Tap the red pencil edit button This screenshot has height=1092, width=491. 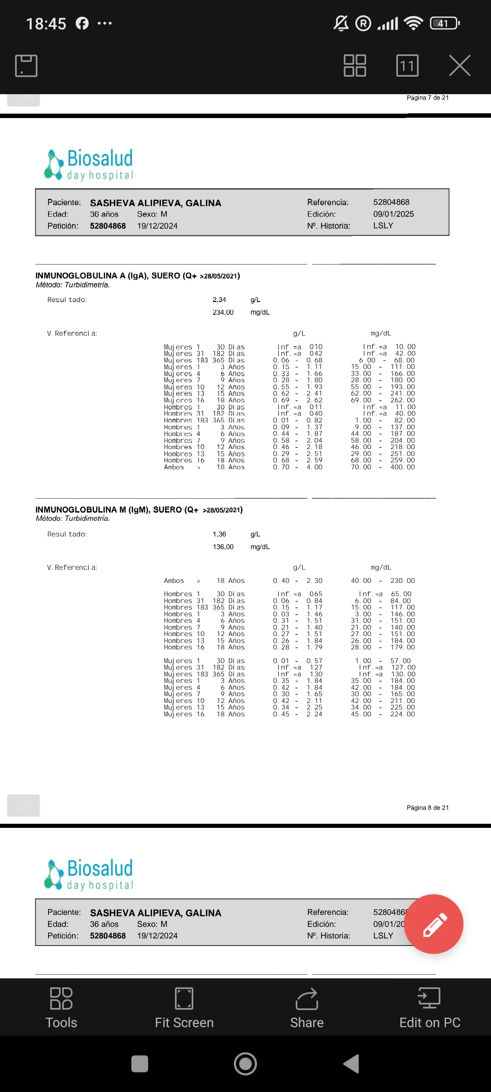click(433, 924)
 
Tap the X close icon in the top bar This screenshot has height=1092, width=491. click(460, 66)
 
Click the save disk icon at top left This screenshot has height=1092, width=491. click(26, 66)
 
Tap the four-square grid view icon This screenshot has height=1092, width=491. click(355, 66)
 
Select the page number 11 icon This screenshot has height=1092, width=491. click(407, 66)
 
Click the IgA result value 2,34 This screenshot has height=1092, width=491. click(219, 300)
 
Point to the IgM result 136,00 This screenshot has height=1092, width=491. click(223, 547)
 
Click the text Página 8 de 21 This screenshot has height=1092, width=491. click(428, 807)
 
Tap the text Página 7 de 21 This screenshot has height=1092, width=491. click(428, 98)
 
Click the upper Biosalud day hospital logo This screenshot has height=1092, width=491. click(89, 164)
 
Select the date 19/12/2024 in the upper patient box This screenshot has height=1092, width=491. click(157, 226)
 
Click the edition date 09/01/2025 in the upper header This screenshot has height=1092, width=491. click(393, 214)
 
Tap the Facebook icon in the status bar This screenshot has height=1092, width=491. click(82, 23)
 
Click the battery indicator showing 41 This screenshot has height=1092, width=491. click(444, 23)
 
